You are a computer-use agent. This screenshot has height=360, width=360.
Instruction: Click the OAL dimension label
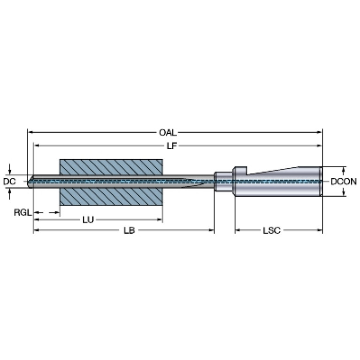[168, 132]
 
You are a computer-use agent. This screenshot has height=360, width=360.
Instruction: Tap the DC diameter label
[9, 181]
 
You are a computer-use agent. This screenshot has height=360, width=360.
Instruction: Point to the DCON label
[344, 182]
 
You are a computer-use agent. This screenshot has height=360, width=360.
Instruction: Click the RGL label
[23, 213]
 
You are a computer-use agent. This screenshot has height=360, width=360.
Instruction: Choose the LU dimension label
[88, 220]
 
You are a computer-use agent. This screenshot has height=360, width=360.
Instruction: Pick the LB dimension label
[129, 230]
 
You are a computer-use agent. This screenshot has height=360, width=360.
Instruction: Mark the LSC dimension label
[272, 230]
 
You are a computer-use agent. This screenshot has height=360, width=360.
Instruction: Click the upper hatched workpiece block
[111, 167]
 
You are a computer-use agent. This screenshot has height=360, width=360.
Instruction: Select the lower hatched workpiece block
[111, 197]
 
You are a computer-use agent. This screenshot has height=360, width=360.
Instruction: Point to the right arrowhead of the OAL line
[320, 132]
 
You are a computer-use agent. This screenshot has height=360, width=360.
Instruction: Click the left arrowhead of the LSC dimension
[238, 230]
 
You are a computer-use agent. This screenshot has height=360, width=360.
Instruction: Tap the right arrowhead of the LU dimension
[160, 220]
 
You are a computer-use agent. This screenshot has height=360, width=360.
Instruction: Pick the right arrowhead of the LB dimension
[211, 230]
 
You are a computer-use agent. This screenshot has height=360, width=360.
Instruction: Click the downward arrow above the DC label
[9, 169]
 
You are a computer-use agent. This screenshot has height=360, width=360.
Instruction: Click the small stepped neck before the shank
[223, 181]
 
